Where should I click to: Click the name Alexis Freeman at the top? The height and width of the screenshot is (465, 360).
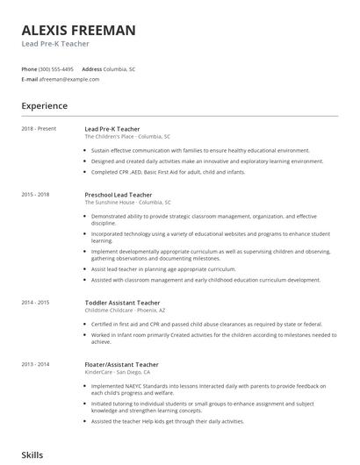pyautogui.click(x=79, y=31)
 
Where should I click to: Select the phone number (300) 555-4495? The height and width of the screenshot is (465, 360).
pyautogui.click(x=57, y=68)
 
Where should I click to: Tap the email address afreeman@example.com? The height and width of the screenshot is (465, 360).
pyautogui.click(x=69, y=79)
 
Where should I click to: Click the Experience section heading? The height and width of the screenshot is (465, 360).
pyautogui.click(x=45, y=106)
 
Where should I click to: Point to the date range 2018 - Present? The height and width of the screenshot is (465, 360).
pyautogui.click(x=39, y=129)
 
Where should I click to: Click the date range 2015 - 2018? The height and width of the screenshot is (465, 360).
pyautogui.click(x=36, y=194)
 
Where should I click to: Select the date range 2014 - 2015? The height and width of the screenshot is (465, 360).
pyautogui.click(x=36, y=302)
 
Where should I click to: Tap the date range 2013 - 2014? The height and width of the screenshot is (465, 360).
pyautogui.click(x=36, y=363)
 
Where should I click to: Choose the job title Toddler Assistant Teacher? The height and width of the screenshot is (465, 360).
pyautogui.click(x=122, y=302)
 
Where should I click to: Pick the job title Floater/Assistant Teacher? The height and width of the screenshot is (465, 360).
pyautogui.click(x=121, y=363)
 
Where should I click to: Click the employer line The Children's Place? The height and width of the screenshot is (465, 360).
pyautogui.click(x=127, y=137)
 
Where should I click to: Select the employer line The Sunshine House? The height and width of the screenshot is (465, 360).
pyautogui.click(x=128, y=202)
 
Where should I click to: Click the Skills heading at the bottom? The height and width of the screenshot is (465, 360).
pyautogui.click(x=32, y=455)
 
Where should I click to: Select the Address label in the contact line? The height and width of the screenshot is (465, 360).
pyautogui.click(x=91, y=68)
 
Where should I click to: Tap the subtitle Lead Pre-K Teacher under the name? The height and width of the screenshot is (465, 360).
pyautogui.click(x=57, y=45)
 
